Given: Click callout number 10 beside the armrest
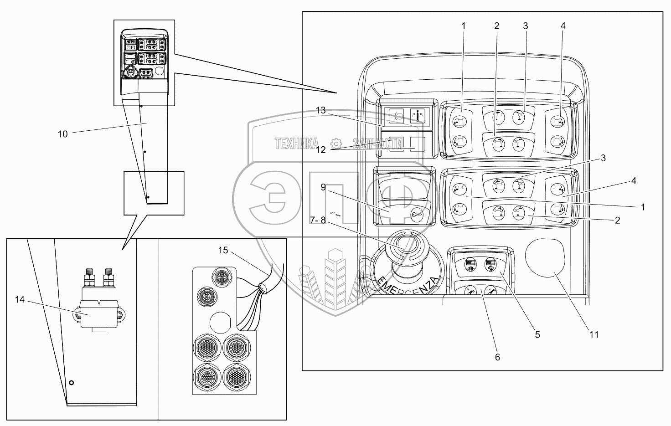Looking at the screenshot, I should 62,134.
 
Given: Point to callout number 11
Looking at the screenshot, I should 593,334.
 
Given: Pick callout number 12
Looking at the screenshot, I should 321,149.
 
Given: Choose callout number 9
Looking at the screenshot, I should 323,187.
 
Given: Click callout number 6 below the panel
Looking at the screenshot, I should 497,357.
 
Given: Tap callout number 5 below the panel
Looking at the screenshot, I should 537,334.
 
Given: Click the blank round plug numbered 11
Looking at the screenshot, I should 545,258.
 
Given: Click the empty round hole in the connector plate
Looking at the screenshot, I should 218,321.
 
